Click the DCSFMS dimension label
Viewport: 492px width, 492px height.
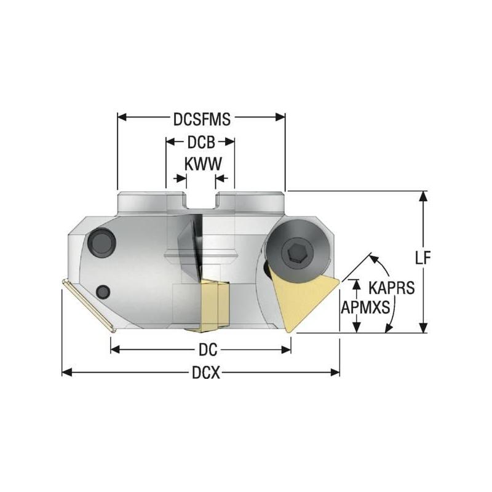(x=201, y=119)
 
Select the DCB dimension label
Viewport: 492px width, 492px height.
(x=200, y=143)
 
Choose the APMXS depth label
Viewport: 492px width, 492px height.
(x=365, y=307)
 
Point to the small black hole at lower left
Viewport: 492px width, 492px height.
(x=104, y=291)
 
